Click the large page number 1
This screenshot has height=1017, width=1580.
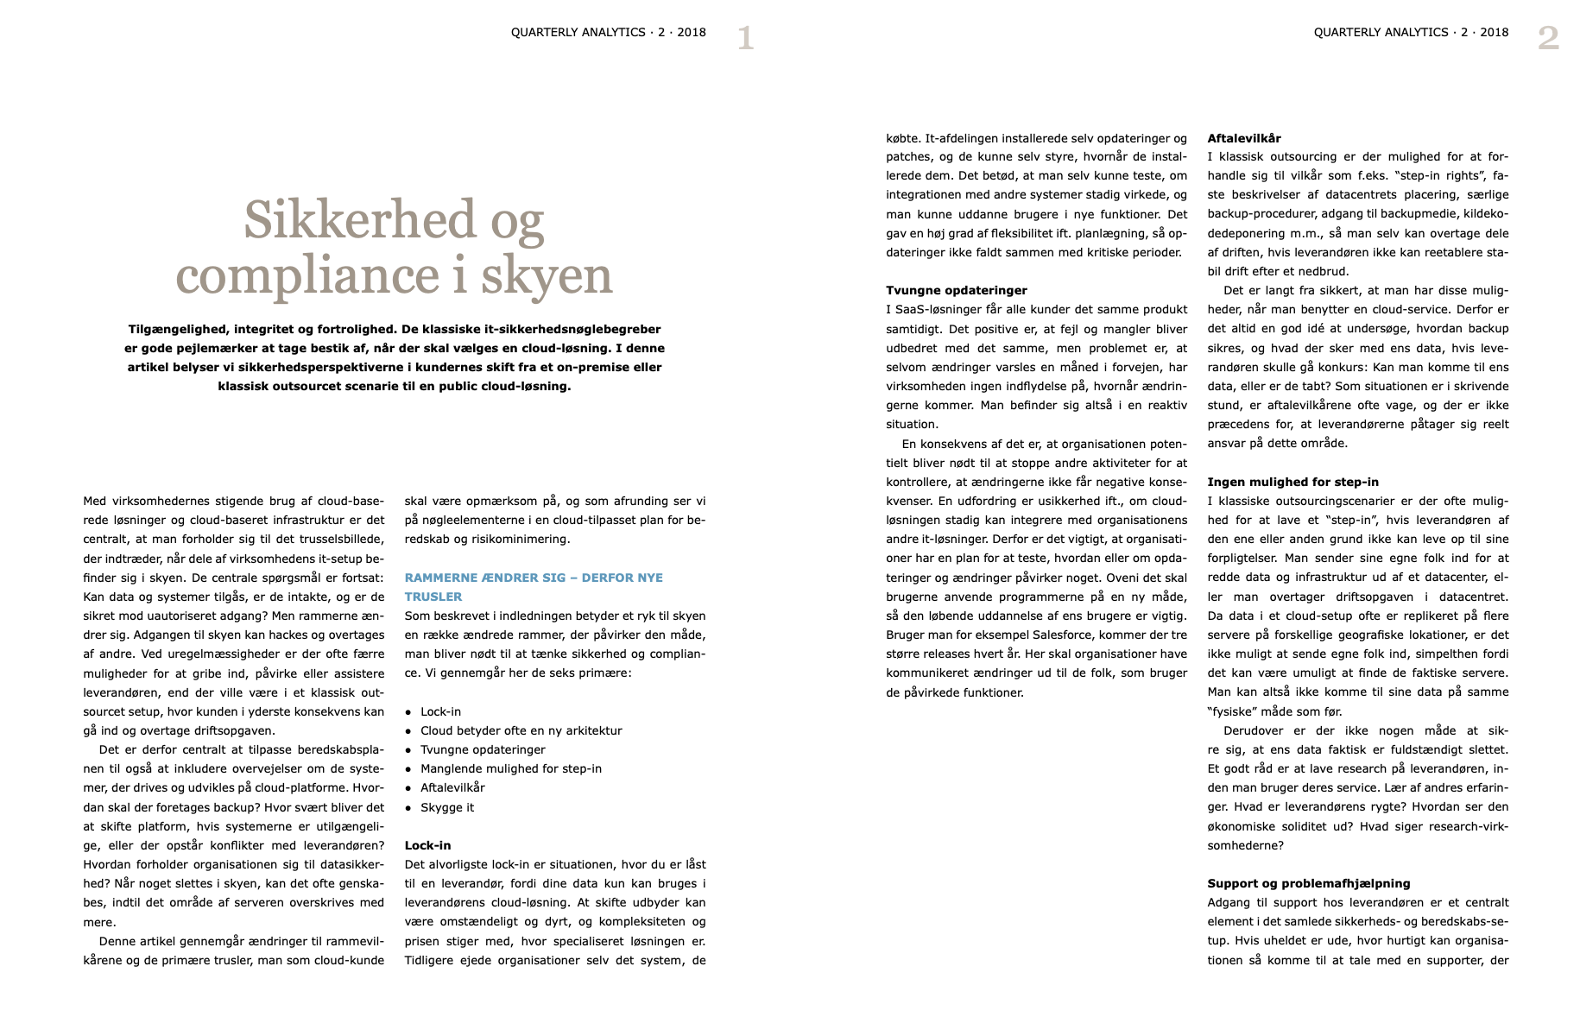pos(745,39)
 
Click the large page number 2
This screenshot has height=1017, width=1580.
pos(1548,39)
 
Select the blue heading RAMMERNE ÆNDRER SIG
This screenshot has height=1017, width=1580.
pos(534,578)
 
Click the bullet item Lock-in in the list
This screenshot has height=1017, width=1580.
pos(440,711)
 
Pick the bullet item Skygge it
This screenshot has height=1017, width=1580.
pos(446,807)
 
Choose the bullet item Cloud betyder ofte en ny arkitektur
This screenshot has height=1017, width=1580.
pos(521,730)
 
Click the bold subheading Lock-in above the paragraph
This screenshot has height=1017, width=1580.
pos(427,845)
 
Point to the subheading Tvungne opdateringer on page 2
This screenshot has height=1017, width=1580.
pos(956,290)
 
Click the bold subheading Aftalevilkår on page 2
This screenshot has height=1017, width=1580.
pos(1243,138)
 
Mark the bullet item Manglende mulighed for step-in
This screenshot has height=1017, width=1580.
pos(510,768)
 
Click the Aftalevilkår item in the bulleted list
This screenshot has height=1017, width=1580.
pos(452,787)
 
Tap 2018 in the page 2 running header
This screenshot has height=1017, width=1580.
pos(1494,33)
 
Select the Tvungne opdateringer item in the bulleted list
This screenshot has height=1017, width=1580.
pos(483,749)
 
